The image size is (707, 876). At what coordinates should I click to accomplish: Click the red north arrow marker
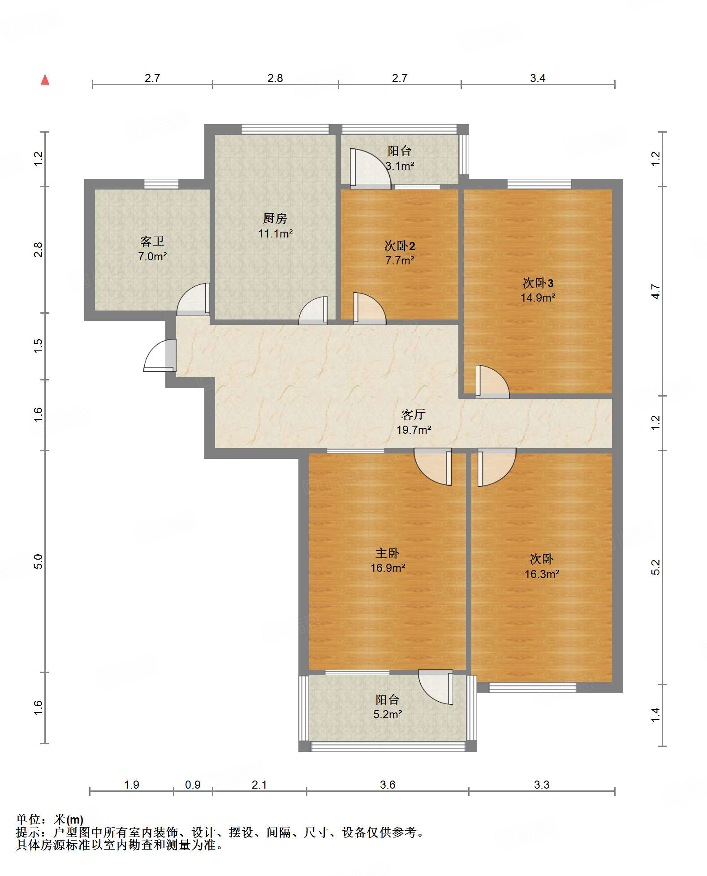45,79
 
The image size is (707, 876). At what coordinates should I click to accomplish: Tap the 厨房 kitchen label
275,218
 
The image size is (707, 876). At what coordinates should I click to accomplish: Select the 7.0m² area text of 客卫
152,257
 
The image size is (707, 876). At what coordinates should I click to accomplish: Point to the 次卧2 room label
400,246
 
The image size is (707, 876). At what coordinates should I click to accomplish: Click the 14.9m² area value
538,298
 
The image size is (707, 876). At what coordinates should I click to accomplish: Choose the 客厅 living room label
413,414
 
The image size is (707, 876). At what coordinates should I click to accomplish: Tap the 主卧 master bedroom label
388,553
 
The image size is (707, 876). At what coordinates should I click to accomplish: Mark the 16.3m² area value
542,574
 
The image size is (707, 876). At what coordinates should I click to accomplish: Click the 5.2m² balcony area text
388,714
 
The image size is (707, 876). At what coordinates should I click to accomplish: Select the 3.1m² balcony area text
400,166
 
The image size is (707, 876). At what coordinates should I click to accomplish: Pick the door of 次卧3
492,382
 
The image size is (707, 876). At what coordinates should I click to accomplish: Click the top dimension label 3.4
538,78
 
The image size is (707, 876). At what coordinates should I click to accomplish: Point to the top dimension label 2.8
275,78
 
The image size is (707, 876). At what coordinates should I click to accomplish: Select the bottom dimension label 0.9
193,785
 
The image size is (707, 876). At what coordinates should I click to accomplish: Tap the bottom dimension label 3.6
388,785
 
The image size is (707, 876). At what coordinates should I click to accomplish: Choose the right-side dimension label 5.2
655,567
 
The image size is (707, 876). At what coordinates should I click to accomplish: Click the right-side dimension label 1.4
655,715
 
